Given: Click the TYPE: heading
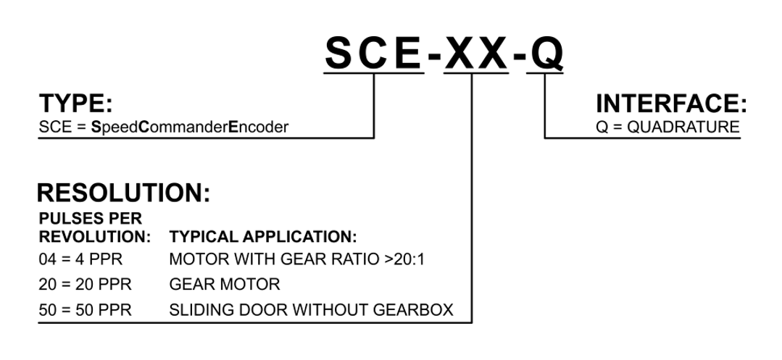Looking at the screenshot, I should (75, 104).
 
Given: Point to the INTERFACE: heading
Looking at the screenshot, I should (670, 104).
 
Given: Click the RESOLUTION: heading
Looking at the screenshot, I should (123, 192).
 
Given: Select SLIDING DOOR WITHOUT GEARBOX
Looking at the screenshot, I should (311, 310).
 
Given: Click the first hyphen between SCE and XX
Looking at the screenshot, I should (433, 56).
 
